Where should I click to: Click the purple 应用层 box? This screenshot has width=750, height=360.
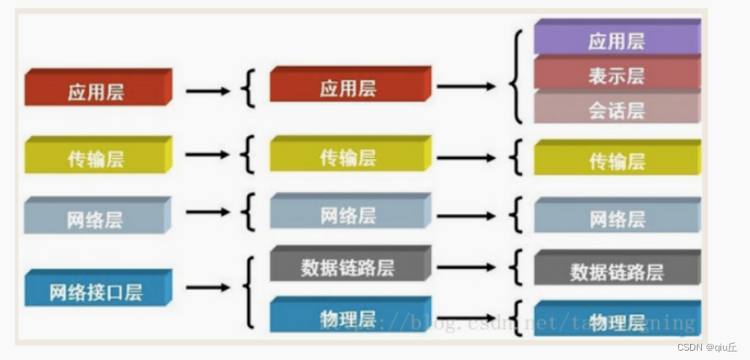[617, 39]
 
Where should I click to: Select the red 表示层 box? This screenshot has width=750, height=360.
[617, 74]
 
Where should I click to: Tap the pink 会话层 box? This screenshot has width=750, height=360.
[617, 108]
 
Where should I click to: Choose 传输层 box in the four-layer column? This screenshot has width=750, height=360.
[98, 157]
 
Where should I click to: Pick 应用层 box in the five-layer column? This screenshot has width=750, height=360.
[350, 87]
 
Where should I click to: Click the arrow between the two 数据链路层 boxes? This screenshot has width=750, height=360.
[466, 267]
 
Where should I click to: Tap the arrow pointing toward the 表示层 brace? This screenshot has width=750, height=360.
[466, 86]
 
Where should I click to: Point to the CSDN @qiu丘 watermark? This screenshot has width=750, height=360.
[707, 347]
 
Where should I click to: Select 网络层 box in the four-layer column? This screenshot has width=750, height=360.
[98, 218]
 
